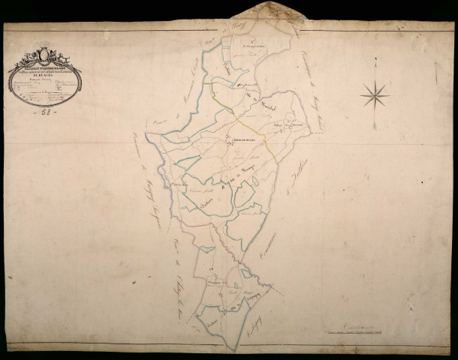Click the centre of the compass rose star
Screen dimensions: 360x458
(x=373, y=94)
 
